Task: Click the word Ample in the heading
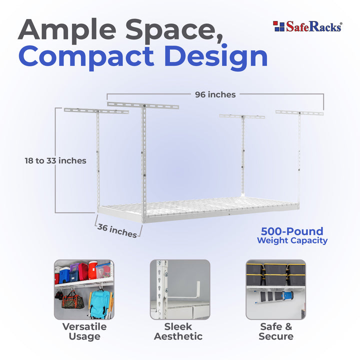[65, 31]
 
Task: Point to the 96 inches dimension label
[214, 94]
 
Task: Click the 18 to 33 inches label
[55, 160]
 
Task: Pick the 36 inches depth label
[117, 230]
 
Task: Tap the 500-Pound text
[292, 231]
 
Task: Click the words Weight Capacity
[292, 240]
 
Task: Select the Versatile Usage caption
[84, 331]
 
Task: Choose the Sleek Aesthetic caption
[178, 331]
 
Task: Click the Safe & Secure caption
[275, 331]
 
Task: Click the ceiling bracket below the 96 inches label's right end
[299, 112]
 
